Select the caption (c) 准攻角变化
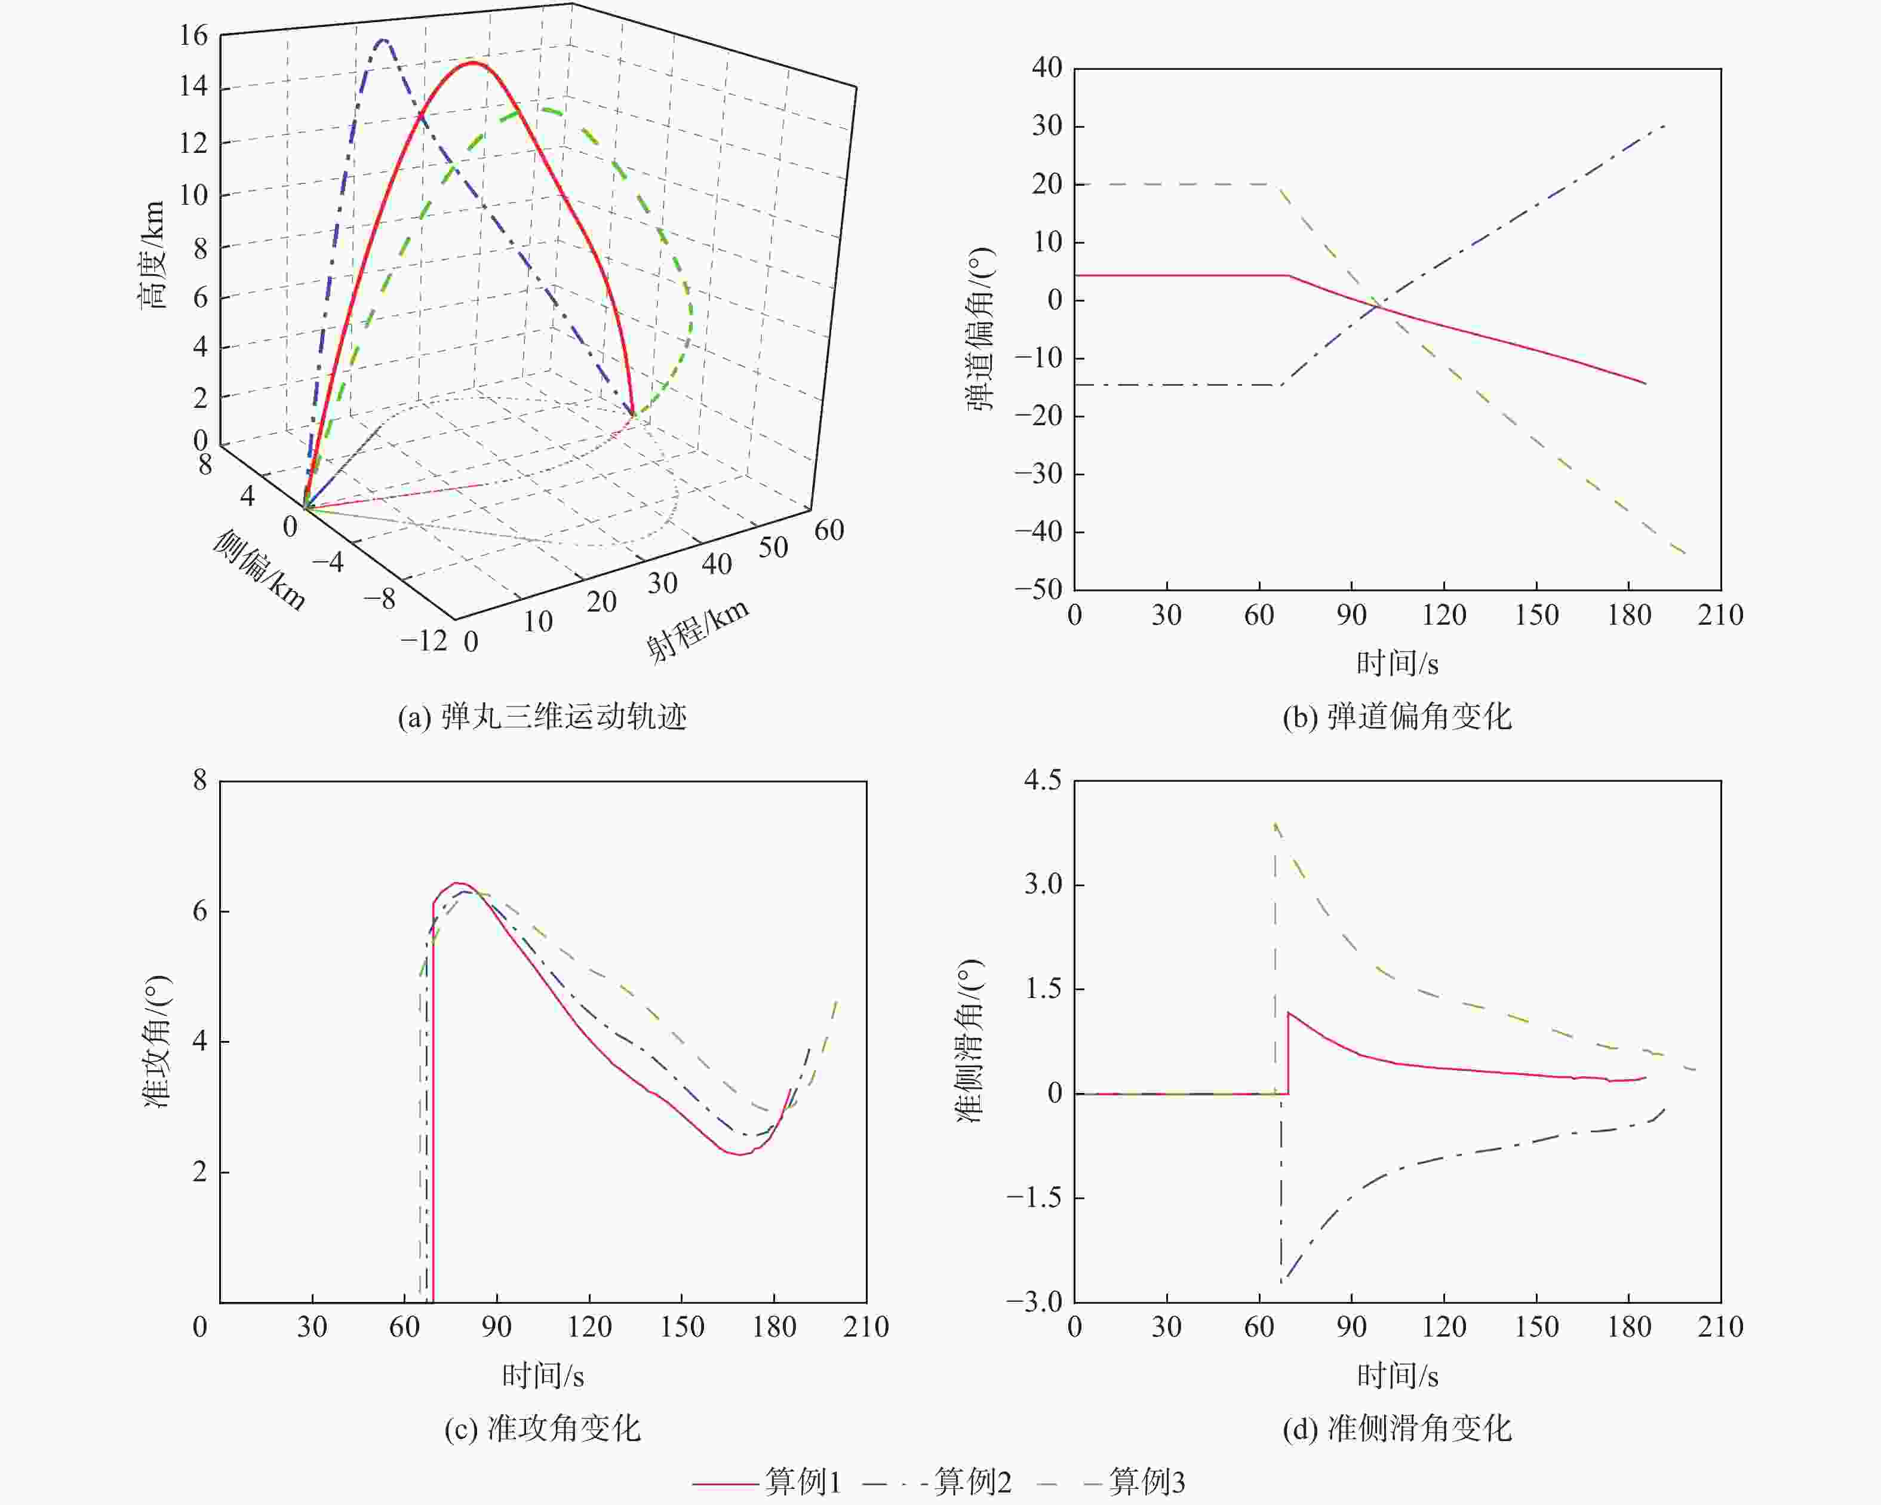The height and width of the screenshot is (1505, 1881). [542, 1428]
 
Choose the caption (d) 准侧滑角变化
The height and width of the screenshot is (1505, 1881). [1397, 1428]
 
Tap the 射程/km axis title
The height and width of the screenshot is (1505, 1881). [697, 630]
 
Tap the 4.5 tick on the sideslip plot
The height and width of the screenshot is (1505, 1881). [1043, 780]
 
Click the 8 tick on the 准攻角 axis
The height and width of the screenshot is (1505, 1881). [200, 780]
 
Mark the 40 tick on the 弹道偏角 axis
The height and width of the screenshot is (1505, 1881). [1046, 68]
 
